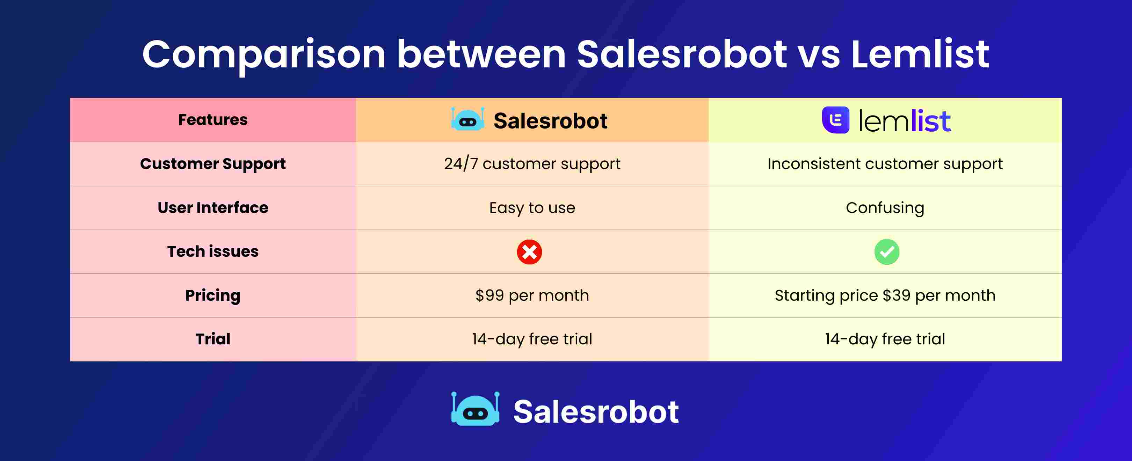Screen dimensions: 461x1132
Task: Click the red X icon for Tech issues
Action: pyautogui.click(x=529, y=252)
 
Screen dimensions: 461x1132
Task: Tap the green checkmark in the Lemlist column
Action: pyautogui.click(x=886, y=252)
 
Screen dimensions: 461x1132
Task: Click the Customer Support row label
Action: pyautogui.click(x=213, y=164)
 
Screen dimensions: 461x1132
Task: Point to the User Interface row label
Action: pyautogui.click(x=213, y=207)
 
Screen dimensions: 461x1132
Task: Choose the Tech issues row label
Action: pyautogui.click(x=213, y=251)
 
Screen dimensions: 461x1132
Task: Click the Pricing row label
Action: pyautogui.click(x=213, y=295)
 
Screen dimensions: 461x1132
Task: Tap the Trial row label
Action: pyautogui.click(x=213, y=339)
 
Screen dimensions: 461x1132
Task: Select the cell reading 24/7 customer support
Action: pyautogui.click(x=532, y=164)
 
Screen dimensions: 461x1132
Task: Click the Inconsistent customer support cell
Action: pyautogui.click(x=885, y=164)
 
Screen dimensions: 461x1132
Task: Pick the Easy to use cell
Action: pyautogui.click(x=532, y=207)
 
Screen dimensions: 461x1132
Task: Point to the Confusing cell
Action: pyautogui.click(x=885, y=207)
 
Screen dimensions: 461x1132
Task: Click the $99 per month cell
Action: pyautogui.click(x=532, y=295)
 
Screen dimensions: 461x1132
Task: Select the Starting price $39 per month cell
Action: pyautogui.click(x=885, y=295)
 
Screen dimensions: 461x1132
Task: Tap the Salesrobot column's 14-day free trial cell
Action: pyautogui.click(x=532, y=339)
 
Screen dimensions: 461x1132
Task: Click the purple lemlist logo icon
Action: pyautogui.click(x=835, y=120)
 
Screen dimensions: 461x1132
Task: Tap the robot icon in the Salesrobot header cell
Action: pyautogui.click(x=467, y=119)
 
